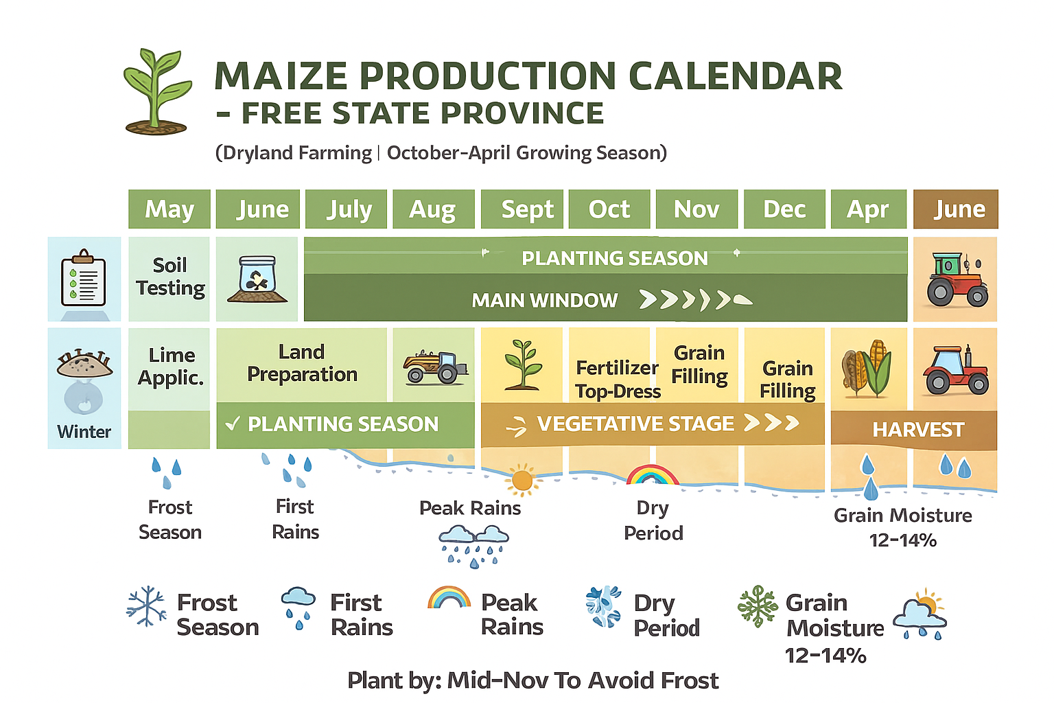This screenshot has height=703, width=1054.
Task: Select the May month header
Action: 169,209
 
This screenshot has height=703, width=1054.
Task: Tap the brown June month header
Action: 956,209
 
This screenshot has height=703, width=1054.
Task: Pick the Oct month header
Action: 609,209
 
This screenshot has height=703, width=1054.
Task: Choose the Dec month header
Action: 784,209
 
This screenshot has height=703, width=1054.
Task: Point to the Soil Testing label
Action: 170,277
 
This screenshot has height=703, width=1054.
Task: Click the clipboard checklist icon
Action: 84,278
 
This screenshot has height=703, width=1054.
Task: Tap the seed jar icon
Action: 257,279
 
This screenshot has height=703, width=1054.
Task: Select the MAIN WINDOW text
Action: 544,301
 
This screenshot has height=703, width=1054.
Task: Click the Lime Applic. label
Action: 171,367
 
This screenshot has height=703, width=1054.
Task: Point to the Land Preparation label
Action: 302,363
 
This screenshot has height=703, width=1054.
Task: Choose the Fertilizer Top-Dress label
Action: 618,380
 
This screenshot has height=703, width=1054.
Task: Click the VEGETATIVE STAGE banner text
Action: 635,424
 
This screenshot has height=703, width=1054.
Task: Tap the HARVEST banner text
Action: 919,430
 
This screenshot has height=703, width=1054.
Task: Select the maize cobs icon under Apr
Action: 866,368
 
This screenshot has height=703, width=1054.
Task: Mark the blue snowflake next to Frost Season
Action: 146,606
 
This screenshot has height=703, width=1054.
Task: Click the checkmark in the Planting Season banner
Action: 233,424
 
